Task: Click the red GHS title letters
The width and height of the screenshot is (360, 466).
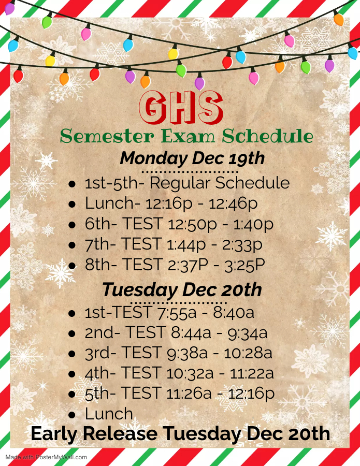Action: (x=181, y=107)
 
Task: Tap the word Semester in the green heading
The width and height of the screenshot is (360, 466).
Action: (x=107, y=136)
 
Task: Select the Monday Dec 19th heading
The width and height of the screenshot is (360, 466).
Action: (x=192, y=158)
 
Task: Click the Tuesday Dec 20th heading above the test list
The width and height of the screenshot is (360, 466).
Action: (x=182, y=290)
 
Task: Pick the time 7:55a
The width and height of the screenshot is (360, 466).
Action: (x=177, y=313)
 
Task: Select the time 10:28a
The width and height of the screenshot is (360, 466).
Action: (x=248, y=353)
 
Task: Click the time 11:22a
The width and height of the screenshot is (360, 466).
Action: (x=252, y=373)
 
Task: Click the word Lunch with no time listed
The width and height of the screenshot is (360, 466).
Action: (x=109, y=414)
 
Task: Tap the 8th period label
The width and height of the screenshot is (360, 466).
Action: (x=100, y=265)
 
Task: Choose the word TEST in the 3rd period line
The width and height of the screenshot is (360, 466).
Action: (x=141, y=353)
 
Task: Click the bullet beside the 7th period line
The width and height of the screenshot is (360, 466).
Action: (x=72, y=245)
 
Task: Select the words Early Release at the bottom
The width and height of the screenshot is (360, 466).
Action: (x=94, y=433)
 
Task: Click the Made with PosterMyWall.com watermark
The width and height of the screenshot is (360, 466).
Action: (x=46, y=457)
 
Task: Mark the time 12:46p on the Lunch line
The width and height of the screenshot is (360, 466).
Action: (x=233, y=204)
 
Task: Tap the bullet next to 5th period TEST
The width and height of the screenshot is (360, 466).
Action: (x=72, y=395)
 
